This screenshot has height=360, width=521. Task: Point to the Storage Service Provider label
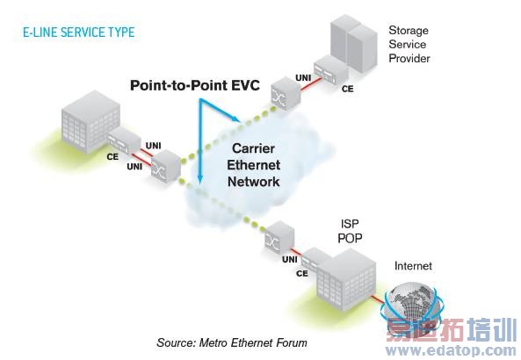click(x=409, y=44)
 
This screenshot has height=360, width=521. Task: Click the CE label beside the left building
click(x=112, y=156)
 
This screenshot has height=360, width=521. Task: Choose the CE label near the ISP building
click(x=301, y=273)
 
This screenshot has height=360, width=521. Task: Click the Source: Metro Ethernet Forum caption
click(x=232, y=342)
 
